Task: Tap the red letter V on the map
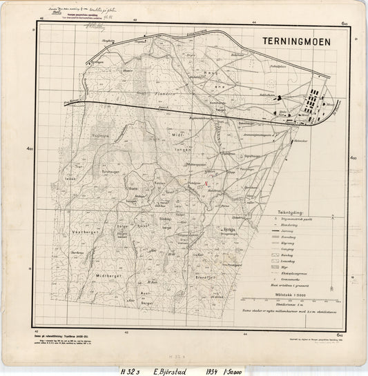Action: tap(206, 184)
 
